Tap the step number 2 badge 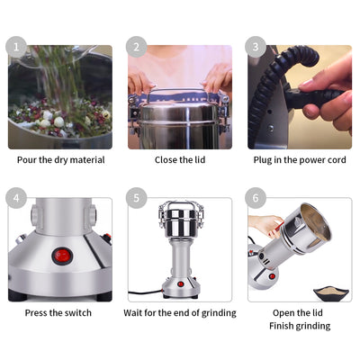click(x=136, y=47)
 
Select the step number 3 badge click(x=256, y=47)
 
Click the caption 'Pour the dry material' click(x=60, y=160)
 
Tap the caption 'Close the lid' click(x=180, y=160)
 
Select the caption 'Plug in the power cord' click(x=300, y=160)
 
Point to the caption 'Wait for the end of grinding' click(x=180, y=312)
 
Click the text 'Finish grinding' click(x=300, y=326)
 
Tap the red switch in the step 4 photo click(x=62, y=255)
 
